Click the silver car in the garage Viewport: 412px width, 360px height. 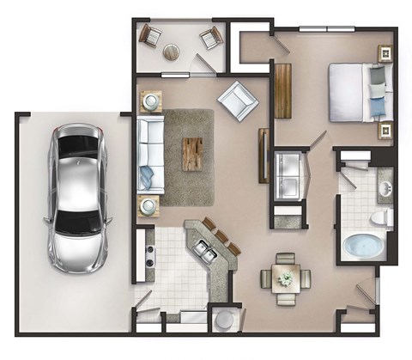[x=79, y=197]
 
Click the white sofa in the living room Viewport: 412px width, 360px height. [x=149, y=155]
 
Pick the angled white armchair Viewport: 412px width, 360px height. [x=237, y=101]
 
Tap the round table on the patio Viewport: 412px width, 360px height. [x=172, y=52]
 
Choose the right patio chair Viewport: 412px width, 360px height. [x=211, y=38]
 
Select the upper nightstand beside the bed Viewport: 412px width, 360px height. [x=385, y=53]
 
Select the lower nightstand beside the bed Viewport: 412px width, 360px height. [x=385, y=131]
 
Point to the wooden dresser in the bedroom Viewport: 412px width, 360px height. [x=283, y=90]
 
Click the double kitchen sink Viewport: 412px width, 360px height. [x=205, y=250]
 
